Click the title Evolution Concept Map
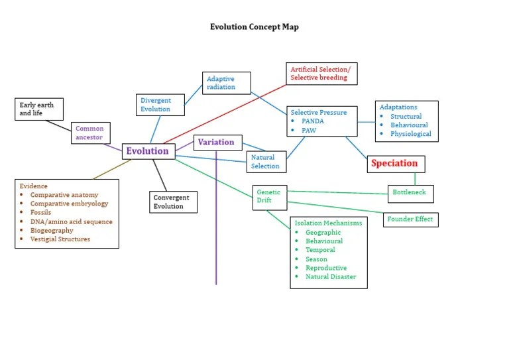click(x=254, y=27)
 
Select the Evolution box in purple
click(x=148, y=151)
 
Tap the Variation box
click(x=216, y=142)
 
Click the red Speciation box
click(x=395, y=163)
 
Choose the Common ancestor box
click(x=89, y=133)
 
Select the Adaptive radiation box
click(x=226, y=83)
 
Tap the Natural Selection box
click(x=266, y=162)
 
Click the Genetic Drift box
click(x=269, y=196)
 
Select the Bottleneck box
click(x=410, y=193)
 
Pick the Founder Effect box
click(x=410, y=219)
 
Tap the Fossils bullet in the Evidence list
click(x=40, y=213)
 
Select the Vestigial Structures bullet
click(x=60, y=239)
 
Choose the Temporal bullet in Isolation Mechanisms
click(x=320, y=250)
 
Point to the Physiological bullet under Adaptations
click(x=410, y=134)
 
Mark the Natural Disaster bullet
click(x=330, y=276)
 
